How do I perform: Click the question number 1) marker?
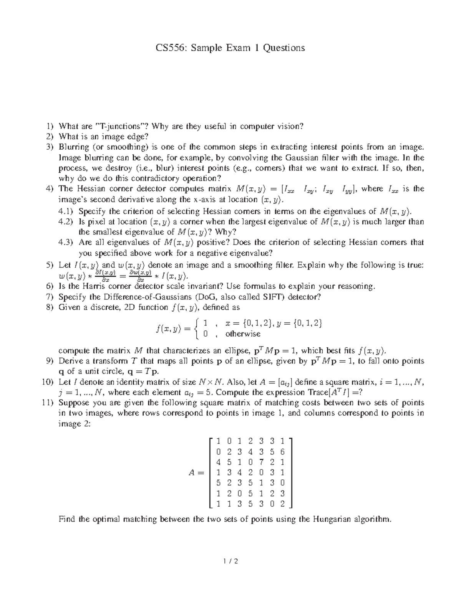[x=49, y=126]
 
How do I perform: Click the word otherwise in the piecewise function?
[x=243, y=334]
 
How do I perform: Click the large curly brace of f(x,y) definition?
[x=197, y=329]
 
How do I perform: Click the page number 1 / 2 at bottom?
[x=230, y=562]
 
